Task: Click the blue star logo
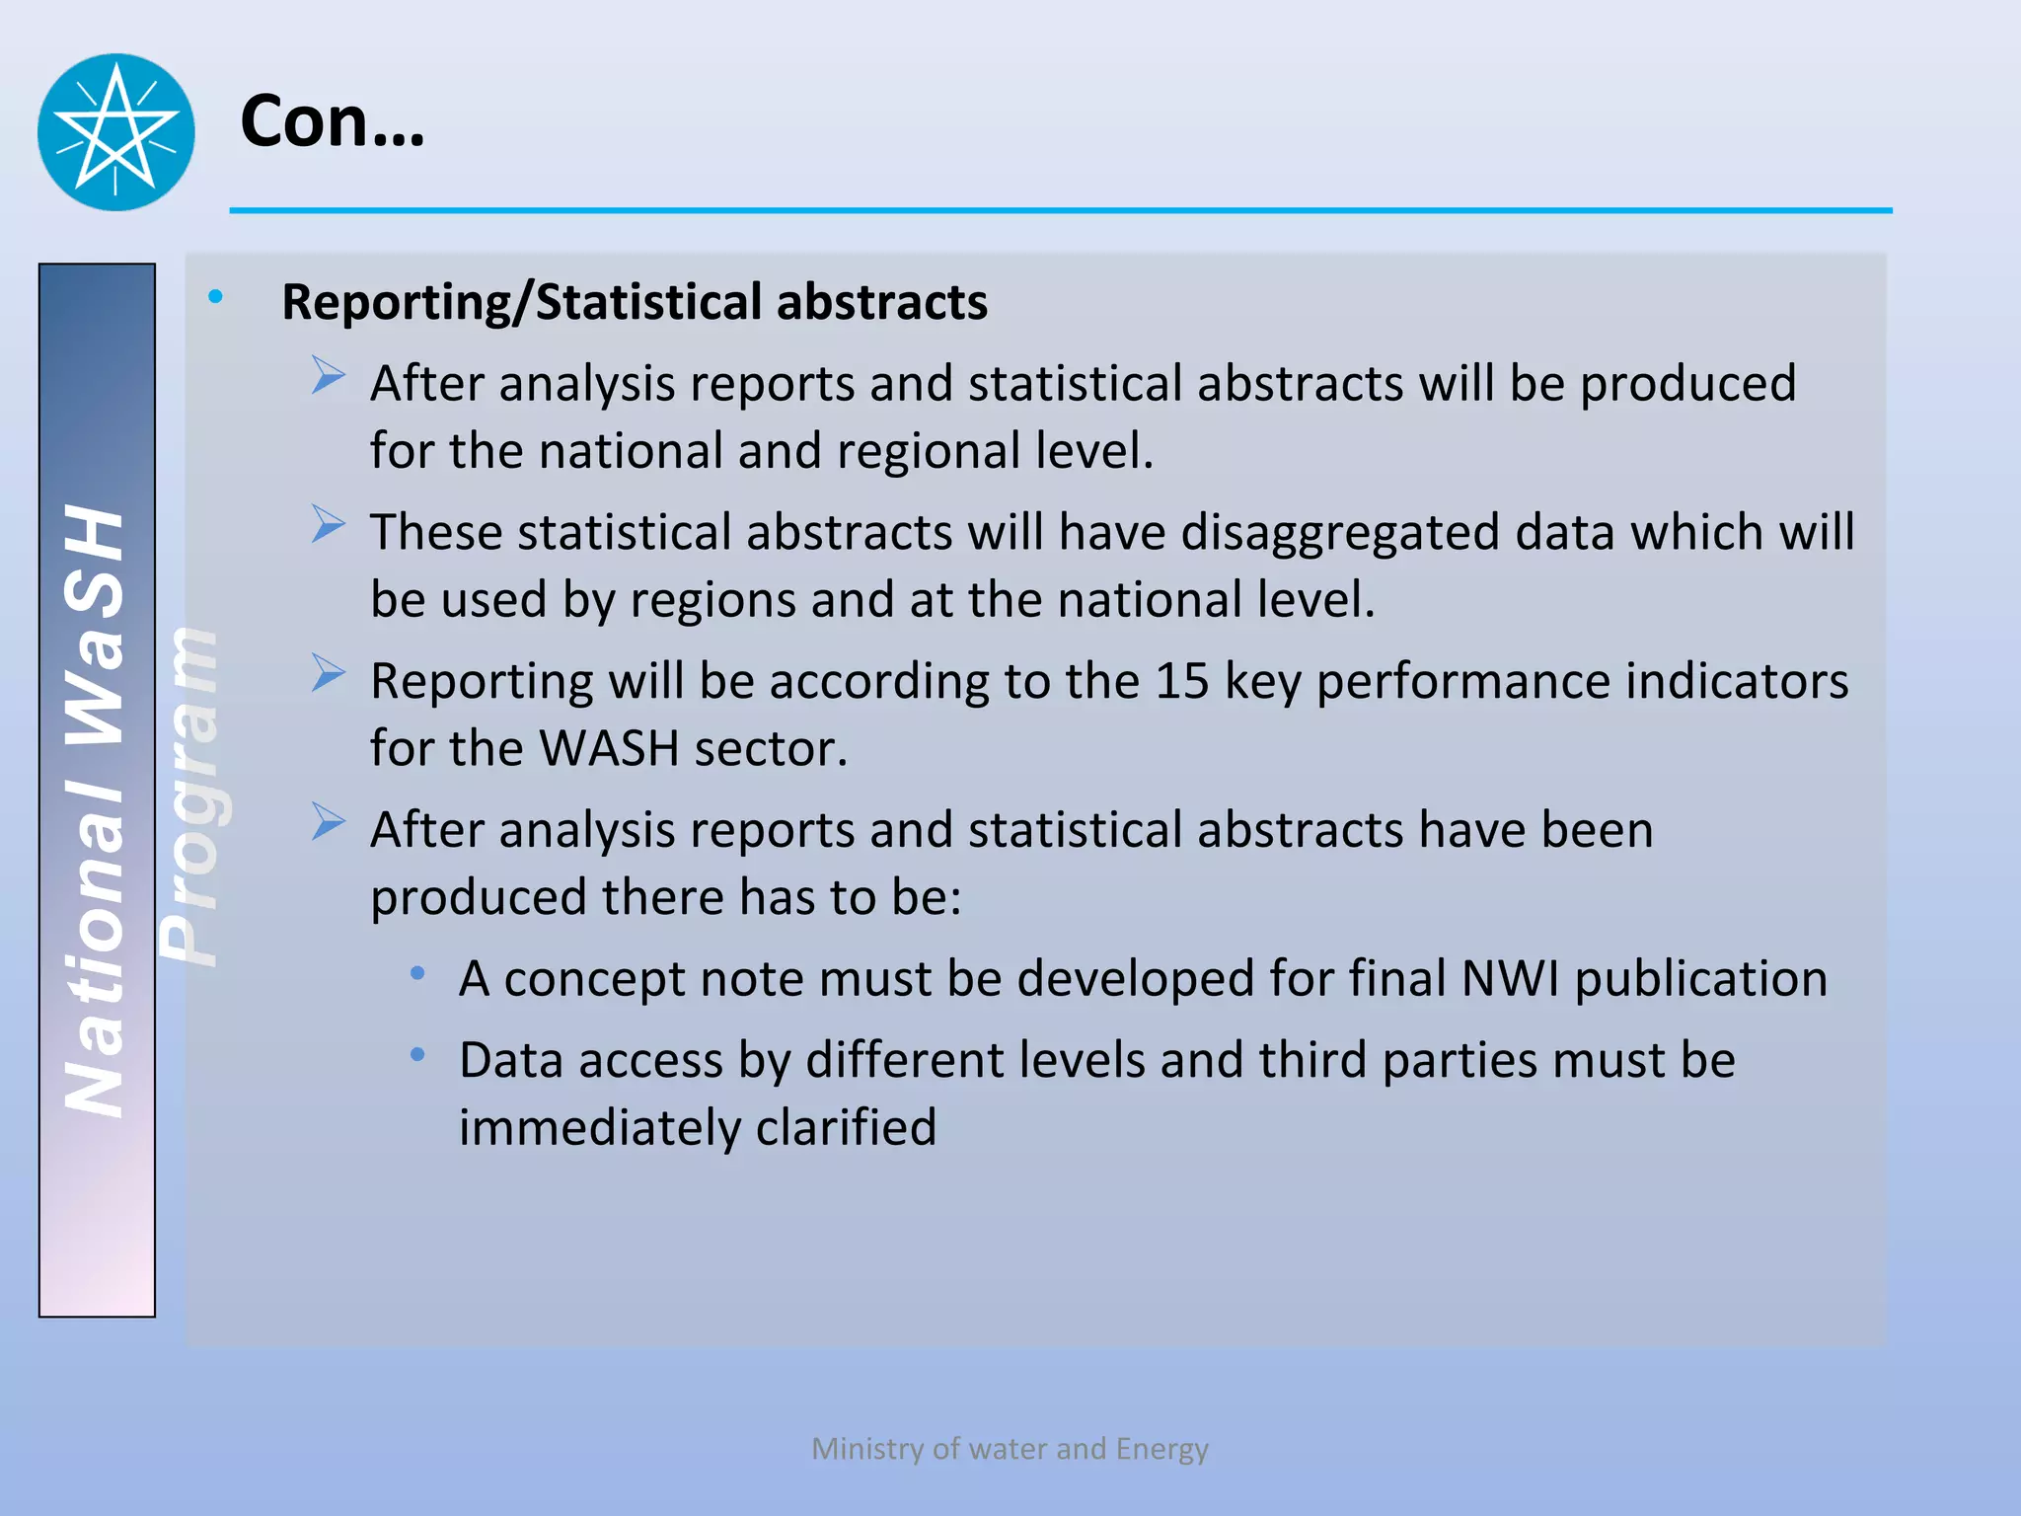(115, 131)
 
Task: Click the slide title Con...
(332, 121)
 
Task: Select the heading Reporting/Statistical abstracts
(634, 302)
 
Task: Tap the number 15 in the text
(1181, 681)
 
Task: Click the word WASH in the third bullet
(608, 748)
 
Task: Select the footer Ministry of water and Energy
(1010, 1448)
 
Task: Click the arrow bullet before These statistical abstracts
(329, 524)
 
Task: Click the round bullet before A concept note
(418, 974)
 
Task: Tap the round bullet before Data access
(418, 1055)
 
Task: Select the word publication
(1700, 979)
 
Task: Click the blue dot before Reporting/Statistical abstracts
(215, 295)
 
